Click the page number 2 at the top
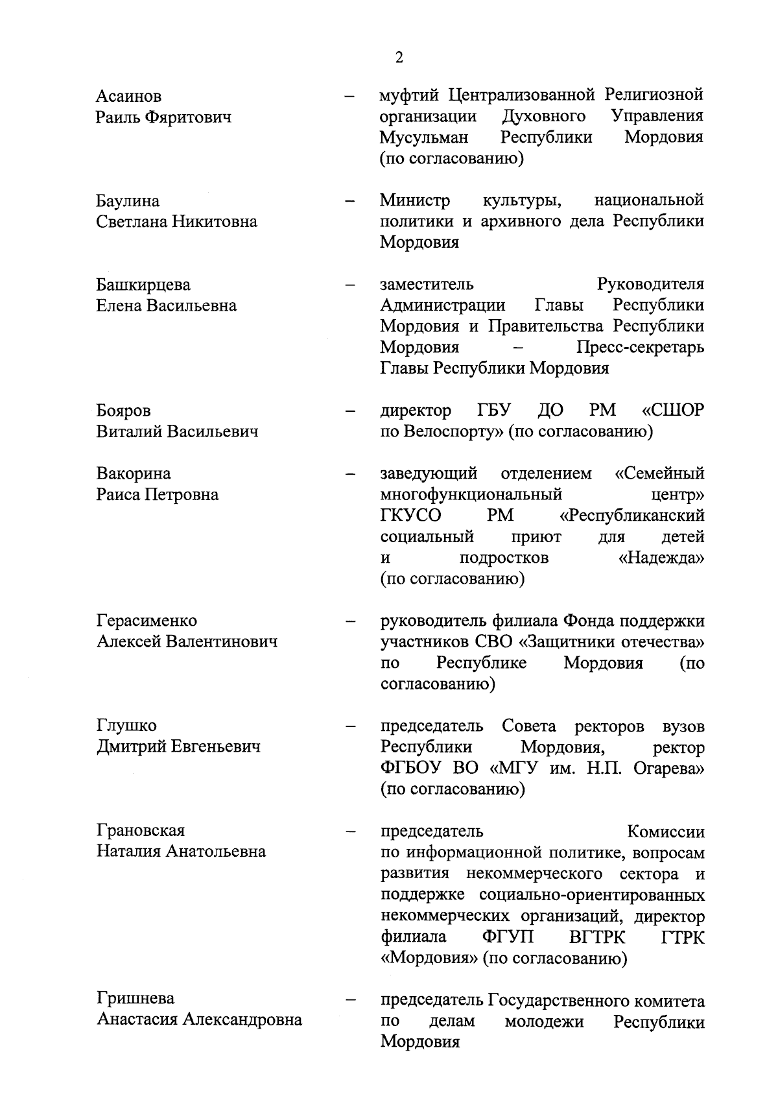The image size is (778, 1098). pos(399,58)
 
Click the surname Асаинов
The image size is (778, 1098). pos(128,97)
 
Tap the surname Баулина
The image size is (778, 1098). pos(128,201)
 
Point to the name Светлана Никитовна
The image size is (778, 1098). pos(176,222)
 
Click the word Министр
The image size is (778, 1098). pos(414,200)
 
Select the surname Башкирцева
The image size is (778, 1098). pos(143,285)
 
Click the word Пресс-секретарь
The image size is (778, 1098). pos(640,348)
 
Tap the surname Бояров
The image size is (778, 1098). pos(123,411)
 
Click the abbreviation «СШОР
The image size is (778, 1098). pos(672,411)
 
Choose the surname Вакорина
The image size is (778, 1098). pos(134,473)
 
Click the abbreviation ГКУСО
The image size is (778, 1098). pos(410,516)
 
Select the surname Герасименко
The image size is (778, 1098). pos(147,621)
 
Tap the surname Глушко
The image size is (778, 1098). pos(126,726)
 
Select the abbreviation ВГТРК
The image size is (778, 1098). pos(594,937)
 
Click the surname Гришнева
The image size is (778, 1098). pos(136,999)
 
